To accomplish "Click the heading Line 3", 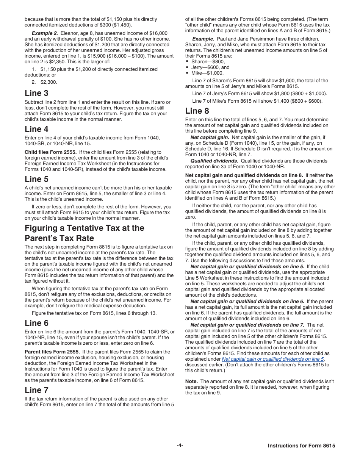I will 36,93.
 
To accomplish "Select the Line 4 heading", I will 36,129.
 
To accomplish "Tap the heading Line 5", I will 36,179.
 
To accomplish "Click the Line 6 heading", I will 36,323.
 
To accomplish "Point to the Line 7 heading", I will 36,390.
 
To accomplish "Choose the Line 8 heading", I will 197,111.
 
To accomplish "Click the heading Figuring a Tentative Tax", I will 85,233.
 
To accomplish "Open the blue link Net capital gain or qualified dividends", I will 272,359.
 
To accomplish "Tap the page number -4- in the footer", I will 180,446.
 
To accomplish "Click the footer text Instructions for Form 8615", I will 301,446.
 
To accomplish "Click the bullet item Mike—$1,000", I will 207,73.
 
